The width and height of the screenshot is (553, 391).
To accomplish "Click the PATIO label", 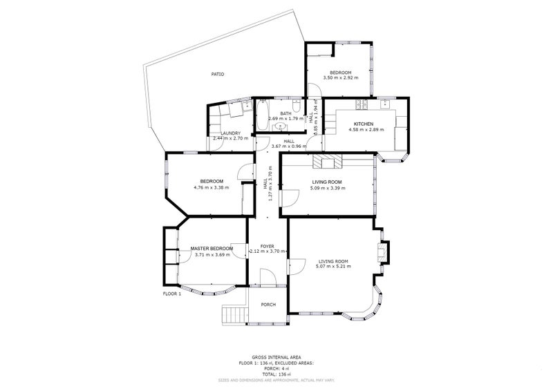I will (217, 74).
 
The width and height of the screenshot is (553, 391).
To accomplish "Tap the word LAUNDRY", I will (230, 133).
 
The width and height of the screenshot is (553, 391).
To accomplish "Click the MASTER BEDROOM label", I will (211, 249).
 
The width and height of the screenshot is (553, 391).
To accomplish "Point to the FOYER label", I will (267, 246).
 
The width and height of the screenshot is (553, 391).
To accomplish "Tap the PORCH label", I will (268, 305).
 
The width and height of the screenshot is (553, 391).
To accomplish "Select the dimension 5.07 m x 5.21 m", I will (332, 267).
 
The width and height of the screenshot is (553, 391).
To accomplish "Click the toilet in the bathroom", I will (297, 106).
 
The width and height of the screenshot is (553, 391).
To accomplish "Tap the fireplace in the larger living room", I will (383, 251).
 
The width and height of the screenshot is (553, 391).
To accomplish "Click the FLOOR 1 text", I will (171, 294).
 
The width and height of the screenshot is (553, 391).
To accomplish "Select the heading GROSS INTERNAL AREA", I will (276, 357).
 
